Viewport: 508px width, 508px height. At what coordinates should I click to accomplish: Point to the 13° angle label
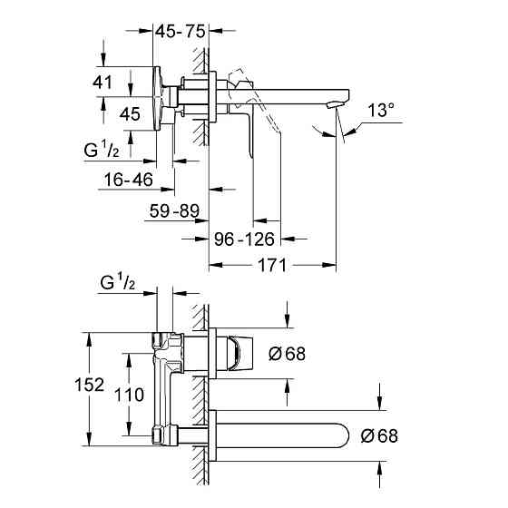pyautogui.click(x=381, y=111)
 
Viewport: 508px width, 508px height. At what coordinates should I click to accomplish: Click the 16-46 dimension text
pyautogui.click(x=126, y=180)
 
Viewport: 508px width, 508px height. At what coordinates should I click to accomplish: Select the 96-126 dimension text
pyautogui.click(x=243, y=240)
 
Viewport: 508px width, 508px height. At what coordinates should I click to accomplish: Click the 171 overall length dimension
pyautogui.click(x=272, y=266)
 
